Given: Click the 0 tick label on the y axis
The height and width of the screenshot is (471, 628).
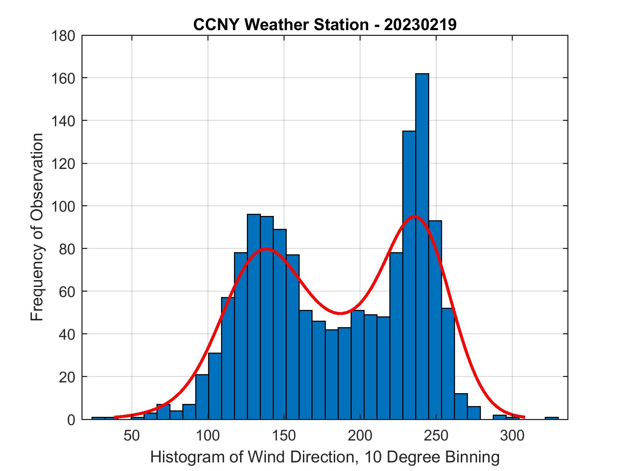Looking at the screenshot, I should [71, 420].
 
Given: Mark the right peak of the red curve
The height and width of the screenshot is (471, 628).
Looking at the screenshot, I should [415, 216].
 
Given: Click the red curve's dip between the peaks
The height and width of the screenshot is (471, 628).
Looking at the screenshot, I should [340, 313].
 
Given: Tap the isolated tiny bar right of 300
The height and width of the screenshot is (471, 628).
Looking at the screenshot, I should [552, 418].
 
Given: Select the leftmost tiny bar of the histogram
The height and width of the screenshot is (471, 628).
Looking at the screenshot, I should [98, 418].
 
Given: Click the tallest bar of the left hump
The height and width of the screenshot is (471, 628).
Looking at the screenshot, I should [254, 316].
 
